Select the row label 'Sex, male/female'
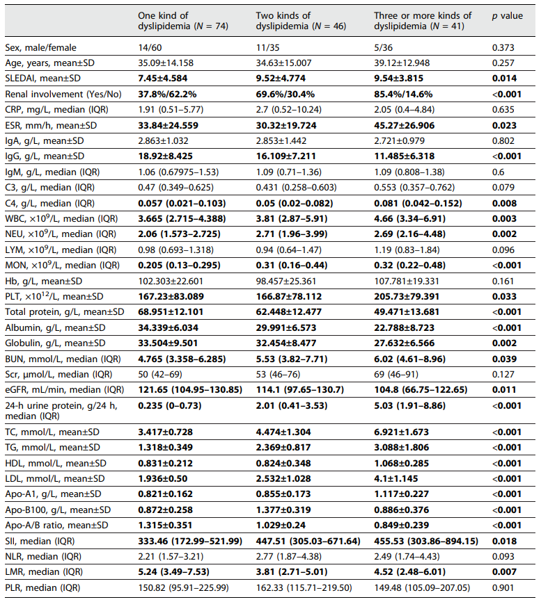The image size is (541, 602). click(x=40, y=48)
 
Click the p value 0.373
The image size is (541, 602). click(x=503, y=48)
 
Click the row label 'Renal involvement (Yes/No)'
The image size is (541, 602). click(x=65, y=94)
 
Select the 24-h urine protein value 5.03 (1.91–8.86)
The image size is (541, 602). click(x=409, y=407)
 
